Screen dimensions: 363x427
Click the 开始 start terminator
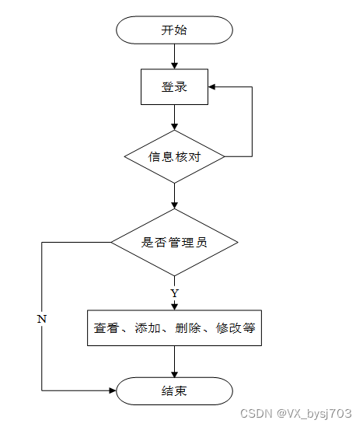[x=174, y=30]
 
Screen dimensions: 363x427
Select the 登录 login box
[x=174, y=87]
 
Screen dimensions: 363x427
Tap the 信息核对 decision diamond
[x=174, y=156]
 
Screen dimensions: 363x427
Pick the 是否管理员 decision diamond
[x=174, y=243]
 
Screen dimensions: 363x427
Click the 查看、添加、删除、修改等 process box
[x=174, y=328]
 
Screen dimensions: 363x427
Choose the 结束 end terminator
[x=174, y=391]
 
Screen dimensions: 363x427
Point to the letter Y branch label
[x=174, y=293]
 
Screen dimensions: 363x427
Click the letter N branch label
[x=42, y=319]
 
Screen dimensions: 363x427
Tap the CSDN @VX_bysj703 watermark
[x=296, y=413]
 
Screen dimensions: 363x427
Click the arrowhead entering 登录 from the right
[x=212, y=87]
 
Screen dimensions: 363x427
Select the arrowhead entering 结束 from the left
[x=113, y=390]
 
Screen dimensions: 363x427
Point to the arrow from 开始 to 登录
[x=174, y=56]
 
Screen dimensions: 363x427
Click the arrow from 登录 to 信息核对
[x=174, y=117]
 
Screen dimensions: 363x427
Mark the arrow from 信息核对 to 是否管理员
[x=174, y=196]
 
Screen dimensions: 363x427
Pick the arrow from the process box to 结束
[x=174, y=362]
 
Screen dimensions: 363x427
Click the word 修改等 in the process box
[x=236, y=328]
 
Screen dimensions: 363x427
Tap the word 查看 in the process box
[x=106, y=328]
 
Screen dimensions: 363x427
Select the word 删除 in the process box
[x=188, y=328]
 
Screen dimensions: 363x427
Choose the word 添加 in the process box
[x=148, y=328]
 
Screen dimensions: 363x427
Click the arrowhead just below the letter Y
[x=174, y=306]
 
